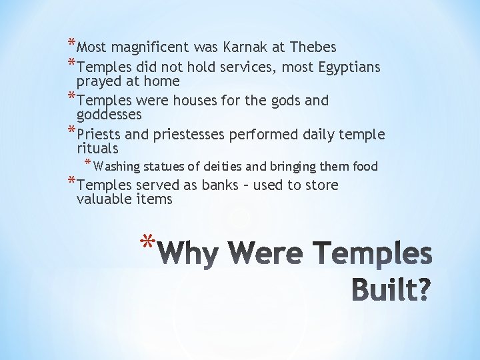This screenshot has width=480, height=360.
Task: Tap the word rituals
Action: tap(97, 148)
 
